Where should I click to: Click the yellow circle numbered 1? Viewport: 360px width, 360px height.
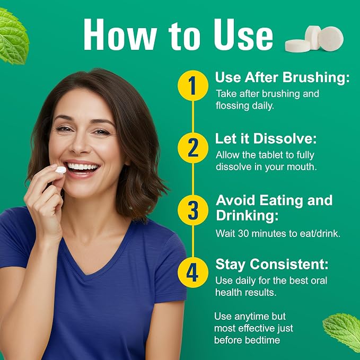pos(193,85)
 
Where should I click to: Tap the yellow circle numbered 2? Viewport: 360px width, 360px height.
pos(193,148)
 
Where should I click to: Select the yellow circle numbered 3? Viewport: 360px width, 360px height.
pos(193,210)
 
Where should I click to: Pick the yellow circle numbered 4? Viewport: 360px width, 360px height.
pos(193,273)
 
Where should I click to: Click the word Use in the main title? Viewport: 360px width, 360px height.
pos(243,34)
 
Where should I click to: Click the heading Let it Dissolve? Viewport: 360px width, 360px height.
pos(266,139)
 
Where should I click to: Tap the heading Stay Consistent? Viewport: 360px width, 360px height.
pos(272,264)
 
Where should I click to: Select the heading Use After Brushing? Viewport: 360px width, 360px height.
pos(283,77)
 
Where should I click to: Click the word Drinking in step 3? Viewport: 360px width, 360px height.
pos(247,216)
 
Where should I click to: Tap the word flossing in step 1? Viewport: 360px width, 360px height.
pos(233,106)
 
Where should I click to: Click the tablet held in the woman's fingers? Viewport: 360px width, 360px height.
pos(61,170)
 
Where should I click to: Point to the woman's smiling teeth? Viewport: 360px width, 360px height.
pos(82,166)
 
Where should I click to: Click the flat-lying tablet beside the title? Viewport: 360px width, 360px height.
pos(297,46)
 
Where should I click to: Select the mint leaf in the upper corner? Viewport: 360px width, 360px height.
pos(13,36)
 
